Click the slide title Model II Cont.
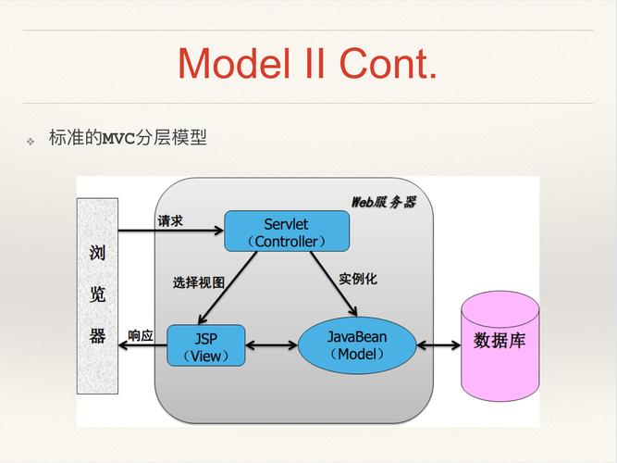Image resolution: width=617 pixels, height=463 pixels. coord(307,63)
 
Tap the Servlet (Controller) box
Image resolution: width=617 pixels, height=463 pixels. coord(287,231)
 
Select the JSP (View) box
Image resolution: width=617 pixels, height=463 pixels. coord(205,345)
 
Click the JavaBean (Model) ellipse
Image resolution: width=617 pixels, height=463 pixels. coord(356,344)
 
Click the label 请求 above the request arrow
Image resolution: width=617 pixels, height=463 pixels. coord(170,220)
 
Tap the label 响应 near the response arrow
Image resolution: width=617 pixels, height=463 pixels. coord(141,335)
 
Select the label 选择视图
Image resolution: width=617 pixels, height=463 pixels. coord(198,282)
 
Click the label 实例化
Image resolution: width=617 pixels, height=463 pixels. coord(357,278)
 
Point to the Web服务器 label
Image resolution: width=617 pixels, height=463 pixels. coord(383,201)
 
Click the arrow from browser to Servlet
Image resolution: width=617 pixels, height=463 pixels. coord(171,231)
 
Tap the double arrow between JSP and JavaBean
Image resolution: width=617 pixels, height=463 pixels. coord(271,346)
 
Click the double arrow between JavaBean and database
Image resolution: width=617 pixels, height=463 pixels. coord(438,345)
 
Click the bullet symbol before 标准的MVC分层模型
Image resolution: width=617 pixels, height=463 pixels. coord(30,141)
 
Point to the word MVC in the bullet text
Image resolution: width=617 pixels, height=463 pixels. coord(118,140)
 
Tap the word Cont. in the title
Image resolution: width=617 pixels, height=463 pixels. coord(388,63)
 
